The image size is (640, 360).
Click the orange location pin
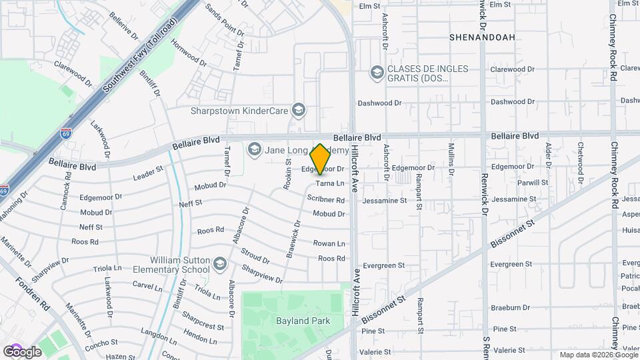(321, 159)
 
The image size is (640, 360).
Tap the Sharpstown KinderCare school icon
(299, 110)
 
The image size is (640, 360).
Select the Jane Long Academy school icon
(254, 149)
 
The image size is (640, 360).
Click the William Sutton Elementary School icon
(219, 265)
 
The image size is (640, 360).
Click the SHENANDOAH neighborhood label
(482, 37)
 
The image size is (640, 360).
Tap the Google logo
(22, 351)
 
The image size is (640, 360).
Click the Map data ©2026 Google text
(598, 355)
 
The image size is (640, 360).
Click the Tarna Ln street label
(329, 183)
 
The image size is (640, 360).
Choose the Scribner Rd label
(326, 199)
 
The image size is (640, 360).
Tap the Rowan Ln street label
(329, 243)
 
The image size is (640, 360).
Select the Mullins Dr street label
(451, 159)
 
